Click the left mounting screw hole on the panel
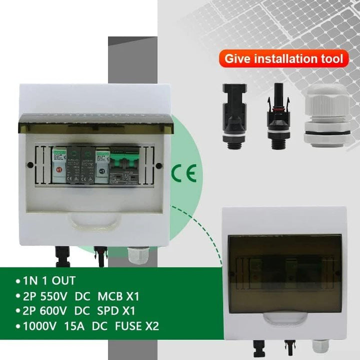[x=30, y=165]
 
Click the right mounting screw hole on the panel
[x=158, y=165]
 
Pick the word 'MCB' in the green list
[x=104, y=295]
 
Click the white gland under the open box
[x=134, y=256]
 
